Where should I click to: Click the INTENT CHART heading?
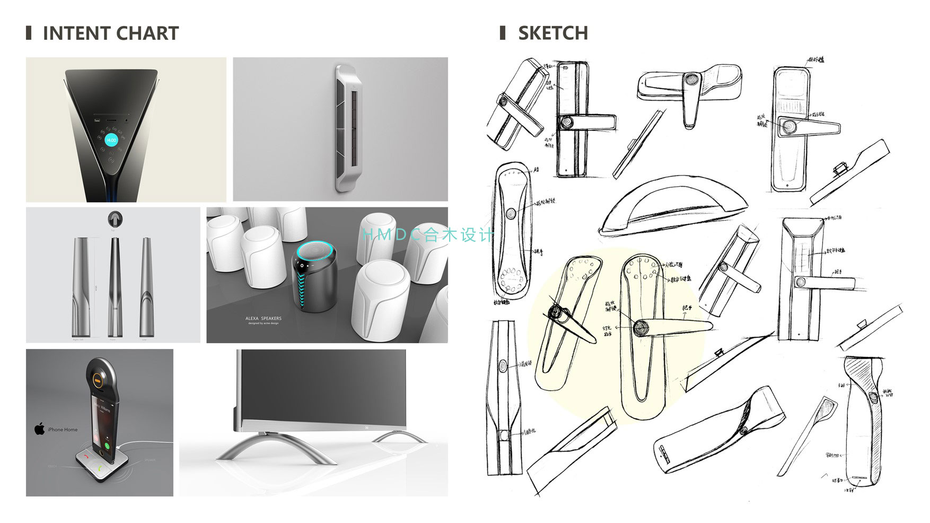coord(110,33)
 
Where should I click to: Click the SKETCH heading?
coord(552,33)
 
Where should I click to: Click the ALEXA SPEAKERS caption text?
coord(264,318)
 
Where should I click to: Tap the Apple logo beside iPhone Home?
coord(40,429)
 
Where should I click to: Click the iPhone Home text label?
coord(63,430)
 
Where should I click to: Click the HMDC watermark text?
coord(427,234)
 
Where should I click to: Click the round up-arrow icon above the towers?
coord(113,218)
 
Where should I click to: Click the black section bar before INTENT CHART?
coord(29,33)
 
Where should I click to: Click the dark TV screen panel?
coord(323,387)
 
